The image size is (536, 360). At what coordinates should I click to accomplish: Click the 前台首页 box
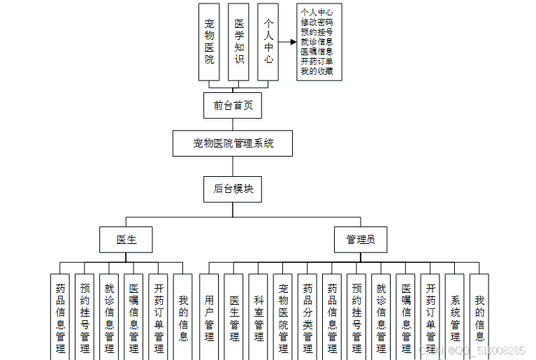[x=233, y=106]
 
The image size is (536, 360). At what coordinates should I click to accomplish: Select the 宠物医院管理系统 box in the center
[x=233, y=143]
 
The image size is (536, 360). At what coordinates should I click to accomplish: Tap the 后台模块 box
[x=233, y=189]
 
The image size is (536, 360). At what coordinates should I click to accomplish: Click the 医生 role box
[x=126, y=240]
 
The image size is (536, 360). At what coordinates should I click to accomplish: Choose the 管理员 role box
[x=360, y=240]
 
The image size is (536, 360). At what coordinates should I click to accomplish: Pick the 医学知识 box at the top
[x=239, y=42]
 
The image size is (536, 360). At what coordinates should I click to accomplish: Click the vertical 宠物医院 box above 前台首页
[x=209, y=42]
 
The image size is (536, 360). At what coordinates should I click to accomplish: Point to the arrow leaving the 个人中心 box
[x=287, y=42]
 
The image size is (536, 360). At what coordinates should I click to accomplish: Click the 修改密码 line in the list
[x=317, y=22]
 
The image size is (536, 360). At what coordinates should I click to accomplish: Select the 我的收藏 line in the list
[x=317, y=71]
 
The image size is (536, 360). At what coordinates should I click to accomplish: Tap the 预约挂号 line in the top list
[x=317, y=32]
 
